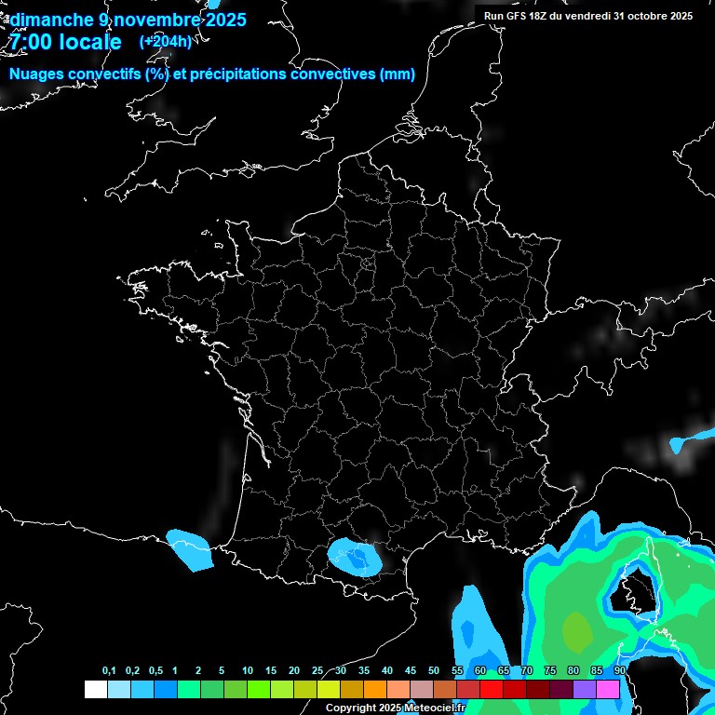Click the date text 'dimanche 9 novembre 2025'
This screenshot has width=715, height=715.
[128, 20]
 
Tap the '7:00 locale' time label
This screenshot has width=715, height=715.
[64, 42]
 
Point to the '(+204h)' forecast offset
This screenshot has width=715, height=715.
[165, 42]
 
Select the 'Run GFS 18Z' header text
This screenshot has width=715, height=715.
[521, 16]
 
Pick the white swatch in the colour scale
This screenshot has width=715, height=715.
[95, 689]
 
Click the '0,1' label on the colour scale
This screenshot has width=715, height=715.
[109, 671]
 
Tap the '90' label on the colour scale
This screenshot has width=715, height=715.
[619, 671]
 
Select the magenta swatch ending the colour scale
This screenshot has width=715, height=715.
[608, 689]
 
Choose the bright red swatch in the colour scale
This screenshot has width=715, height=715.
[492, 689]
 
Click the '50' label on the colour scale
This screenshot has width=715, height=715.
[434, 671]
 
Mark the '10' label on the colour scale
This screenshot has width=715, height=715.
[248, 671]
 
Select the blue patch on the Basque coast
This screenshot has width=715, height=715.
[192, 549]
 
